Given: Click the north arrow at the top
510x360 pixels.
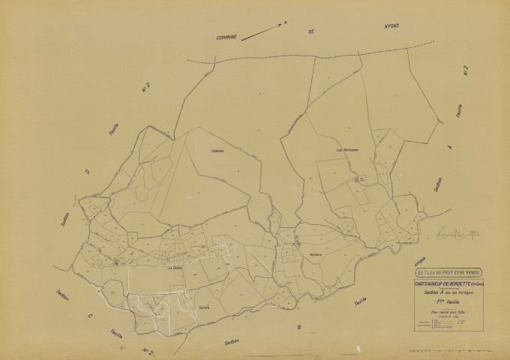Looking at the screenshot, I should tap(264, 29).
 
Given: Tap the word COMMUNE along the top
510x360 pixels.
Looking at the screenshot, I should tap(226, 38).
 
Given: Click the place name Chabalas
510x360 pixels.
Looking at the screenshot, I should tap(218, 151).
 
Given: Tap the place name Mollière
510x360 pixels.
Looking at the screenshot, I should tap(315, 255).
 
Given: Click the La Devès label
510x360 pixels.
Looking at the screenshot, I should tap(175, 268).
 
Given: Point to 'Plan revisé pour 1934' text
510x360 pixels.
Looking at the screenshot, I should tap(447, 310).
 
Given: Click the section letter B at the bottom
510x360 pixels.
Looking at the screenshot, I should tap(298, 327).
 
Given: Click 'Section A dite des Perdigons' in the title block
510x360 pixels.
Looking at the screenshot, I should tap(447, 292).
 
